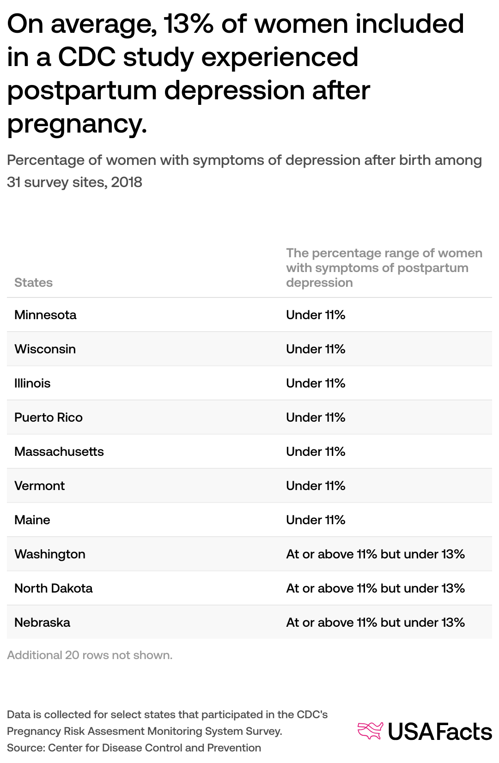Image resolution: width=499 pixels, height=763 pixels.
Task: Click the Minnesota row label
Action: (45, 315)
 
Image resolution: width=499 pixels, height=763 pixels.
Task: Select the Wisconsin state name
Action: (45, 349)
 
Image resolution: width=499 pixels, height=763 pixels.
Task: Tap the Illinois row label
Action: (32, 383)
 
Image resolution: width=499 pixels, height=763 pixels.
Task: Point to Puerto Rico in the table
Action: (49, 417)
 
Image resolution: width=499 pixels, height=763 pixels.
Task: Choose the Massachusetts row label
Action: (59, 451)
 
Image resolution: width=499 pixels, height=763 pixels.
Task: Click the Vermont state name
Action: (40, 485)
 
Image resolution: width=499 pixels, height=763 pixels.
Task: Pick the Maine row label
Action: (32, 520)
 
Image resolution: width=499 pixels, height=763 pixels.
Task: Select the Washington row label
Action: (50, 554)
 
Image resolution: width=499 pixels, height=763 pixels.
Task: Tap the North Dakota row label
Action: (54, 588)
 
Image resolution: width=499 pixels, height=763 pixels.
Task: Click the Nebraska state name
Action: (42, 622)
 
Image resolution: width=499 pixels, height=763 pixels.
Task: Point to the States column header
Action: (33, 282)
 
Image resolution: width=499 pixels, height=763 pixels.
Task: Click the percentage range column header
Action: (384, 268)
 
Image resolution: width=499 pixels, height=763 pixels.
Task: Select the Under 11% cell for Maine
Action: (316, 520)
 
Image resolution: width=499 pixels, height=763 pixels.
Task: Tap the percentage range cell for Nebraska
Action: (375, 622)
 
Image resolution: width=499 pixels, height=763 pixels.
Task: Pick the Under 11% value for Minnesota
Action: (316, 315)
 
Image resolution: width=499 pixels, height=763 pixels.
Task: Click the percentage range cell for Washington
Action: (375, 554)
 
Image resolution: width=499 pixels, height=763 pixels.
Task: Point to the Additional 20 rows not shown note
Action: (90, 655)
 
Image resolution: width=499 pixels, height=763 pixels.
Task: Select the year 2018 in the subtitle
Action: (127, 182)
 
